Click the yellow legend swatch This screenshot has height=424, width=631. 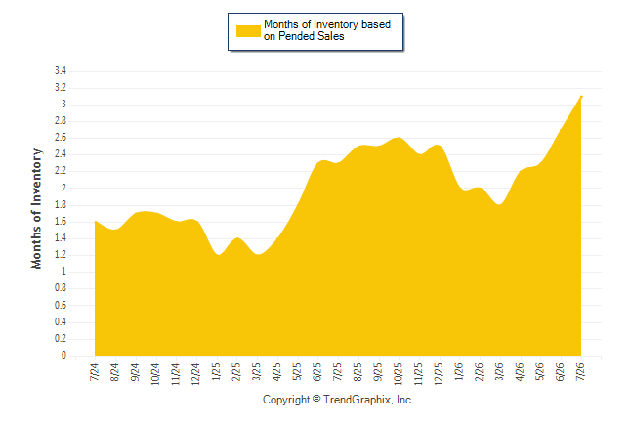click(x=248, y=31)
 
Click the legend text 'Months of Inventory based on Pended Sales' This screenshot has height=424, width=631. click(x=327, y=30)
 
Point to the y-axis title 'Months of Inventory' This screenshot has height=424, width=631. click(x=36, y=208)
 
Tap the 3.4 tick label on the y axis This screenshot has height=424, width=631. click(x=61, y=71)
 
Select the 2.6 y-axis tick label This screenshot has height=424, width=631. click(x=61, y=138)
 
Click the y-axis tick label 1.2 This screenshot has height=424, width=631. click(x=61, y=254)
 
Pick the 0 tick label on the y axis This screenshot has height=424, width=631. click(x=63, y=355)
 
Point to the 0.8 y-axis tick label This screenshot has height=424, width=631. click(x=61, y=288)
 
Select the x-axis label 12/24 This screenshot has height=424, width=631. click(x=196, y=374)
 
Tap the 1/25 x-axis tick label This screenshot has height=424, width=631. click(x=216, y=371)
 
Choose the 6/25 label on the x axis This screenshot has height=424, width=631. click(x=317, y=371)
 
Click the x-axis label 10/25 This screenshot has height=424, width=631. click(x=399, y=374)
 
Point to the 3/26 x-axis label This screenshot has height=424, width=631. click(x=499, y=371)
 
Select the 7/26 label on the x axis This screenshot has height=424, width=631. click(x=581, y=371)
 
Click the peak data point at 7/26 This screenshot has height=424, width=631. click(x=581, y=97)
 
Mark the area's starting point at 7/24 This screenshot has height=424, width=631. click(x=95, y=221)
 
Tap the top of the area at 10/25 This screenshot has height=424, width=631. click(x=399, y=138)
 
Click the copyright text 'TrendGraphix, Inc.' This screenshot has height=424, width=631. click(x=368, y=400)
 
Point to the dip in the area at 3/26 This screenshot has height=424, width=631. click(x=500, y=204)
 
